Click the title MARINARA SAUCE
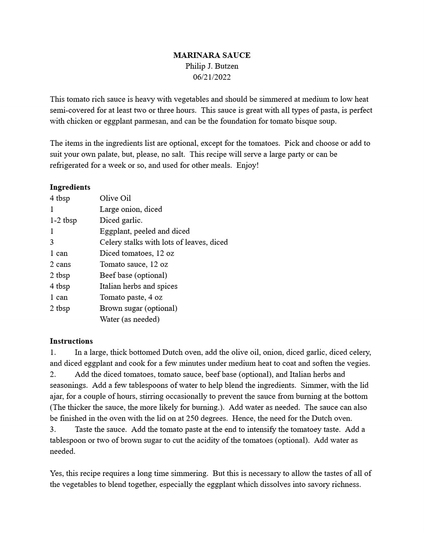[x=212, y=55]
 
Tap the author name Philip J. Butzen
[x=212, y=66]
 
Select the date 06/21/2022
[x=212, y=77]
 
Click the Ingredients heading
[x=70, y=187]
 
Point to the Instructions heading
[x=71, y=341]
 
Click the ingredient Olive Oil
[x=115, y=198]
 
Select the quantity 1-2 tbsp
[x=63, y=220]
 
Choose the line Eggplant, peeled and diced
[x=144, y=231]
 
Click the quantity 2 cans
[x=60, y=264]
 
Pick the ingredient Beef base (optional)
[x=133, y=275]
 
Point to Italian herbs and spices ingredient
[x=139, y=286]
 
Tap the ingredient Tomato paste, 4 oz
[x=131, y=297]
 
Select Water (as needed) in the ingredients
[x=129, y=319]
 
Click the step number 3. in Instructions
[x=53, y=429]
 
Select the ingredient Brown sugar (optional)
[x=139, y=308]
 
